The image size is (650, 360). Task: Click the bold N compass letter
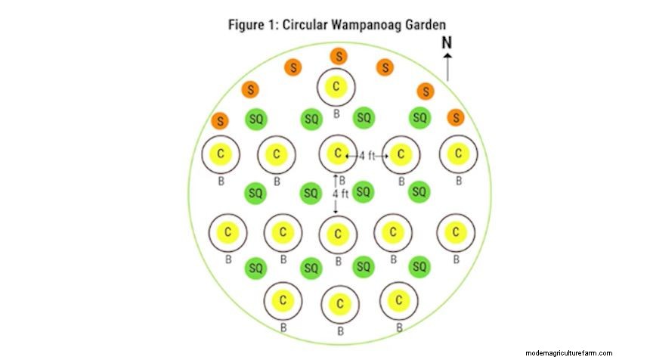click(447, 44)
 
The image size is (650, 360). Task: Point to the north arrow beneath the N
click(447, 67)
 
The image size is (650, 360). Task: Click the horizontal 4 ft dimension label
click(367, 155)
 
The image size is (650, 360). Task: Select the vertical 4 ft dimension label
click(341, 194)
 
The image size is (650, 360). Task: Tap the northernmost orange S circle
click(339, 56)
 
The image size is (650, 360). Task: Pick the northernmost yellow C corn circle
click(336, 87)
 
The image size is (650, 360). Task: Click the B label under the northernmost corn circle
click(336, 114)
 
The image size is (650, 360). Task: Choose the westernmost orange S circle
click(220, 120)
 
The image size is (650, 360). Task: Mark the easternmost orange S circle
click(455, 117)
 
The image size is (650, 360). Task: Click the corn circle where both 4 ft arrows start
click(337, 154)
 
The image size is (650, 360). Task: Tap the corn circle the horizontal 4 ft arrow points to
click(401, 154)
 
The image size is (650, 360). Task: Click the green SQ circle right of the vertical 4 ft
click(364, 192)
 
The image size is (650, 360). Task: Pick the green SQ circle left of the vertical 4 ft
click(311, 193)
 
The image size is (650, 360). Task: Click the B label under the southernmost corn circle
click(340, 331)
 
